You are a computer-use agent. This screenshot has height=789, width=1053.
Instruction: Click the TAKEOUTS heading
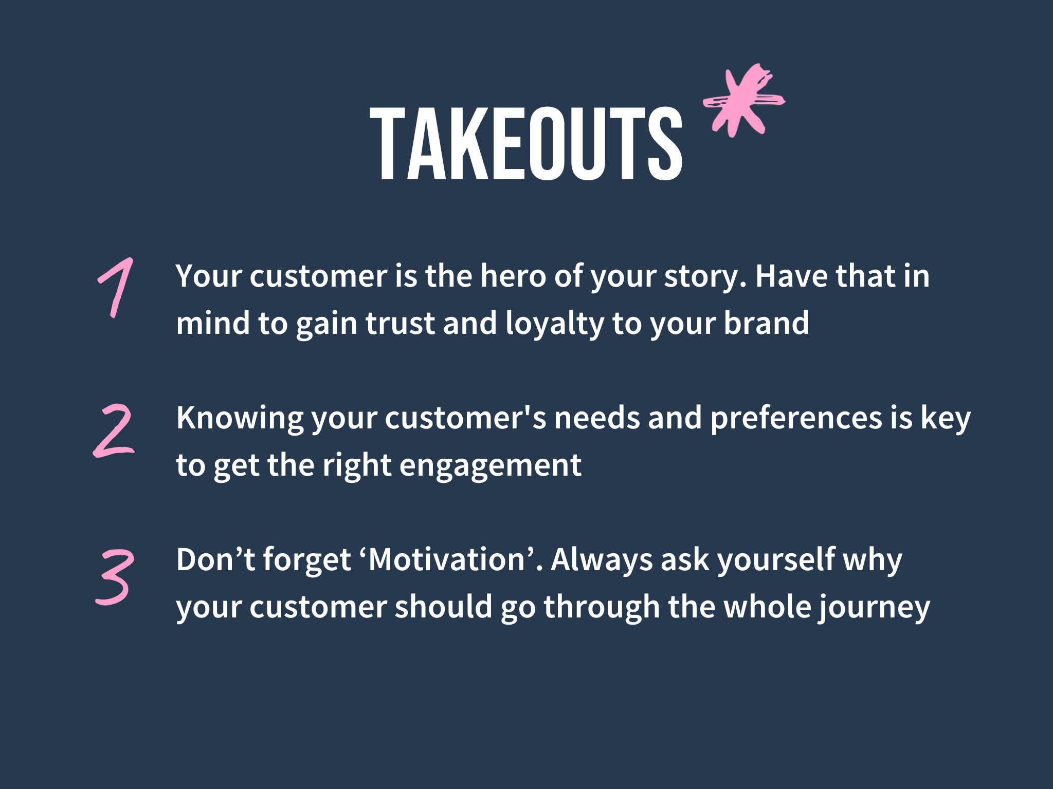click(526, 144)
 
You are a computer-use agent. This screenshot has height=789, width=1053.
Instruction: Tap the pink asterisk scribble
click(743, 101)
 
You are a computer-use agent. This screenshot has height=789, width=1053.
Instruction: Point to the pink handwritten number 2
click(114, 430)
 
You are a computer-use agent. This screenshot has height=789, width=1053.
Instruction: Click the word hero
click(513, 276)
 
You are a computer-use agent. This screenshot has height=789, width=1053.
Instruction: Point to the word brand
click(766, 324)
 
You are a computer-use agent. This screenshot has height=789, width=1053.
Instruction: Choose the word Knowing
click(240, 419)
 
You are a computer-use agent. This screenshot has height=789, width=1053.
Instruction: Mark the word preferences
click(796, 419)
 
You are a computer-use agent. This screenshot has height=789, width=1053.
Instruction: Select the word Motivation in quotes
click(446, 560)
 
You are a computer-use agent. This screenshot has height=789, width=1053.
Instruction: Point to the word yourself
click(776, 561)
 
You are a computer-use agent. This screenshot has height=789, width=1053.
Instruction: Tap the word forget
click(307, 561)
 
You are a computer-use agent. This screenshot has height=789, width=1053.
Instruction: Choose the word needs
click(597, 418)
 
